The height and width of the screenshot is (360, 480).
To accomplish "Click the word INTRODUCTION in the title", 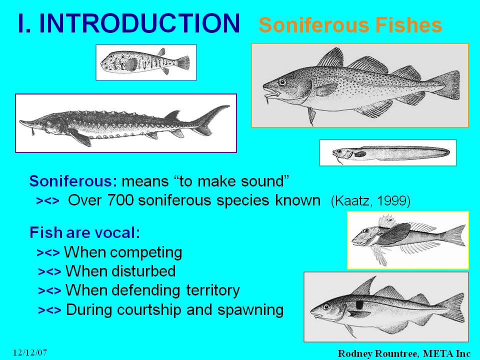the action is pyautogui.click(x=139, y=23).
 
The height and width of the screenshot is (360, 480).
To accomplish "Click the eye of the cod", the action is pyautogui.click(x=282, y=81).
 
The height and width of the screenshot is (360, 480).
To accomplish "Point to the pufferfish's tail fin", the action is pyautogui.click(x=183, y=63).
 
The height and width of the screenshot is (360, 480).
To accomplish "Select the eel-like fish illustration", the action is pyautogui.click(x=391, y=153).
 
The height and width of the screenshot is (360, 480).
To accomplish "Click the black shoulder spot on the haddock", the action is pyautogui.click(x=359, y=304).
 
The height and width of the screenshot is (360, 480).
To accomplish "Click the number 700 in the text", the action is pyautogui.click(x=120, y=200).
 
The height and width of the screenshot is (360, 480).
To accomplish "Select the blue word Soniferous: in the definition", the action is pyautogui.click(x=73, y=181).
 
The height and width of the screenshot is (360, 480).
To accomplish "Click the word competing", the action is pyautogui.click(x=146, y=253).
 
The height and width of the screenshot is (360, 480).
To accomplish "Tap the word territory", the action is pyautogui.click(x=213, y=290).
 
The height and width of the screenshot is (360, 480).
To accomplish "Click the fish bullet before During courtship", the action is pyautogui.click(x=49, y=310).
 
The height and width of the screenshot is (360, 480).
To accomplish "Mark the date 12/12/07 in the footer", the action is pyautogui.click(x=30, y=352).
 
